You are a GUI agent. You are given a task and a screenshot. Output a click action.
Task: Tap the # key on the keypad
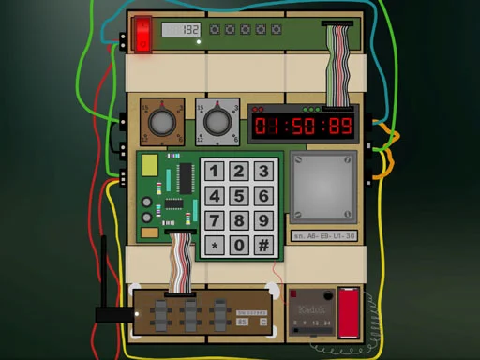point(264,246)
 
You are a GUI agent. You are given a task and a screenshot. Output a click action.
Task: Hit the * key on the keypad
point(216,246)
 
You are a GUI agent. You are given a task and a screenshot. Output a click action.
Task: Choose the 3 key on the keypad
point(264,172)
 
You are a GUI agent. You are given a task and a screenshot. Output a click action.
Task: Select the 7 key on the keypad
point(216,221)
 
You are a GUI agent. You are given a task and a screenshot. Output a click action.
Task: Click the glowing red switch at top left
point(142,36)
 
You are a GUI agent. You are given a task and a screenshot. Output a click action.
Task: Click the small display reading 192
point(181,30)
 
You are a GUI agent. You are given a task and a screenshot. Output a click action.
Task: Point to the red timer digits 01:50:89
point(303,127)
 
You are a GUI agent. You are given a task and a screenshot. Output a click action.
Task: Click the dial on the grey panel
point(217,121)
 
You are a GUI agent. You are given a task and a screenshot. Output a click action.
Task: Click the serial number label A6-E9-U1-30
point(323,236)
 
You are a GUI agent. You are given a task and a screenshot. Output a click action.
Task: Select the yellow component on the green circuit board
point(150,166)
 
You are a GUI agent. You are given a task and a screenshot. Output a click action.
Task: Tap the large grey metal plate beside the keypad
point(323,186)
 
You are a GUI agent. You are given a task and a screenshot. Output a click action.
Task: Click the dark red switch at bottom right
point(348,312)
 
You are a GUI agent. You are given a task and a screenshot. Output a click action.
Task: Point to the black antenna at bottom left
point(103,281)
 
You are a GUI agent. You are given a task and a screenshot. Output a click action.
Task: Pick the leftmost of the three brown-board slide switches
point(161,313)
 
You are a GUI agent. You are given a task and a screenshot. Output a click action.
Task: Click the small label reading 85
point(243,322)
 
